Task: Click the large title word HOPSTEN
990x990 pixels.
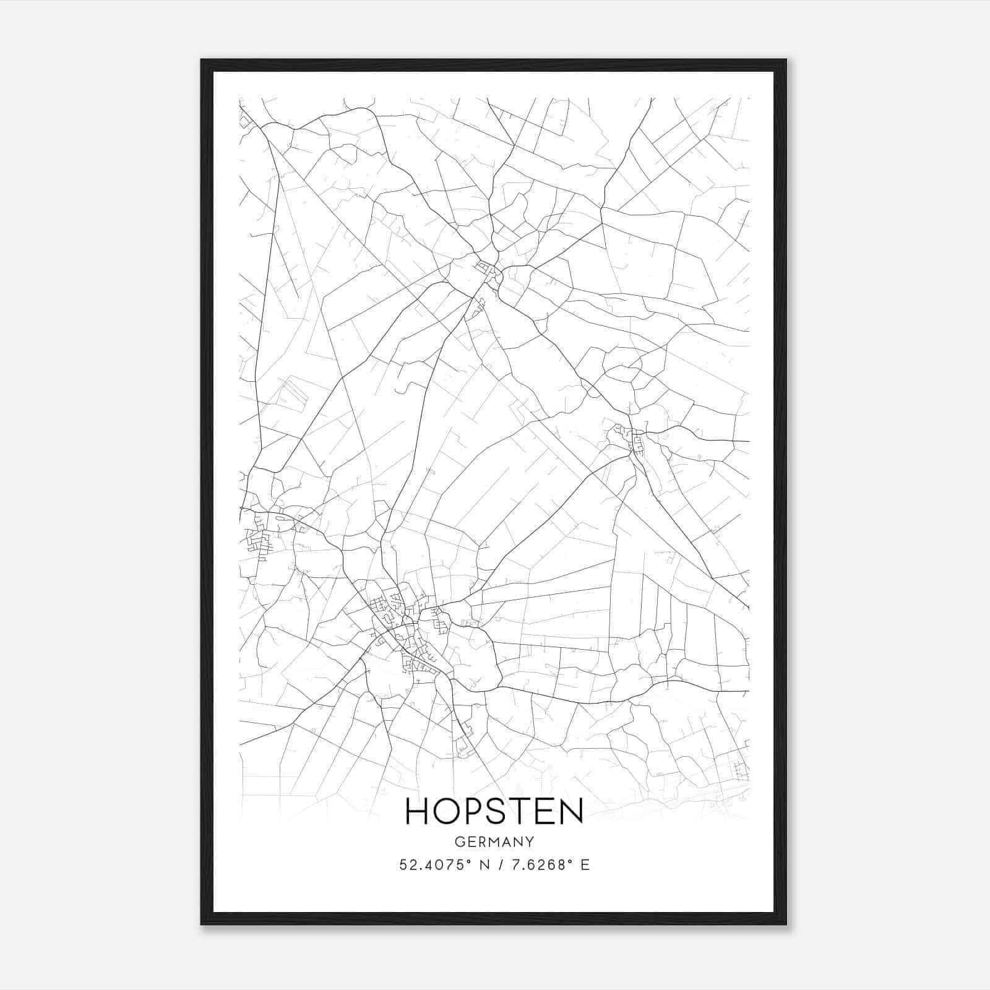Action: click(494, 811)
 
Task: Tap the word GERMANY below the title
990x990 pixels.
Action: click(494, 841)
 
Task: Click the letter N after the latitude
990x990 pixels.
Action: click(486, 865)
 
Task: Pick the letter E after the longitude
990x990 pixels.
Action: click(585, 865)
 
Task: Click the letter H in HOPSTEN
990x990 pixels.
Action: click(417, 811)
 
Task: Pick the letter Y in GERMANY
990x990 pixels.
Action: click(530, 841)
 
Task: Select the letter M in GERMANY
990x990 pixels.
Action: click(494, 841)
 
